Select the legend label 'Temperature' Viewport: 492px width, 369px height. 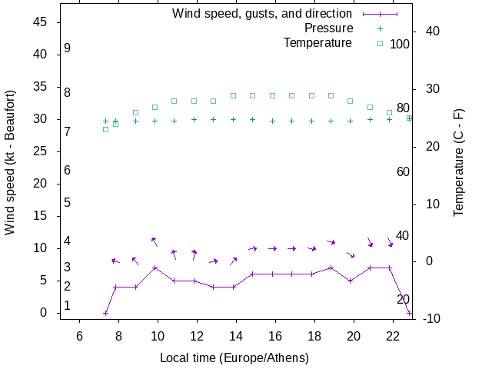pos(317,42)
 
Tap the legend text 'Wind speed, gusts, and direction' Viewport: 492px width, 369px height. pos(262,13)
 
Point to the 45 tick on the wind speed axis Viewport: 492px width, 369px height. pos(42,22)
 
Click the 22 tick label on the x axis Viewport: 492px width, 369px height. pos(393,336)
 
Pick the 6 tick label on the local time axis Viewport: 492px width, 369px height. pos(79,336)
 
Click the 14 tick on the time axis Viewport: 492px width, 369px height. pos(236,336)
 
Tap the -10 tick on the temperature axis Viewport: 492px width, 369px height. pos(430,319)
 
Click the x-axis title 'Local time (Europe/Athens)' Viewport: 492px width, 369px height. pos(234,358)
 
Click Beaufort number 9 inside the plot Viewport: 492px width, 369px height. pos(68,48)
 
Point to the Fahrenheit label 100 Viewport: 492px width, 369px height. pos(400,44)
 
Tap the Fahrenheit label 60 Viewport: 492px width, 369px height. pos(403,171)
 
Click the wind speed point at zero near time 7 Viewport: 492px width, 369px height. pos(106,313)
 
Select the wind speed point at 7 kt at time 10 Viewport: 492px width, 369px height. pos(155,268)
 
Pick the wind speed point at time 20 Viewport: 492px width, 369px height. pos(351,281)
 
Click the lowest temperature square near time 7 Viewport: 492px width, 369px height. pos(106,129)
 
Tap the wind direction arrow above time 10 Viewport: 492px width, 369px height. pos(155,241)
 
